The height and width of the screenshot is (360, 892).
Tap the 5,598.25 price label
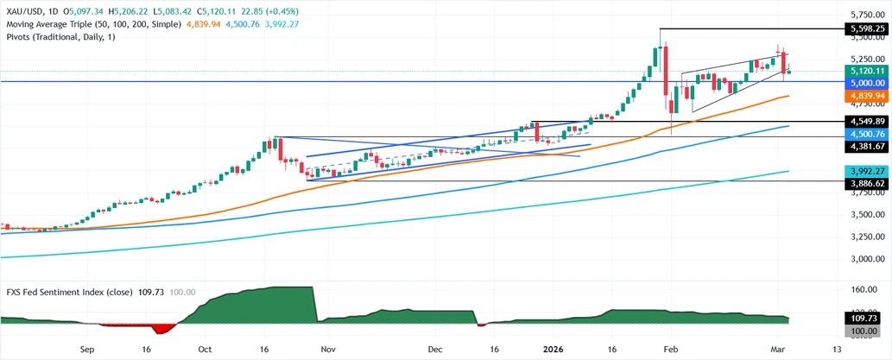pos(863,28)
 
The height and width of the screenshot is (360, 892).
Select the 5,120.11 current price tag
pos(863,71)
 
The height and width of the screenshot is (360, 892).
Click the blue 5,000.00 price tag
pos(863,82)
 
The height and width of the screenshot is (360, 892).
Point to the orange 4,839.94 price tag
pos(863,96)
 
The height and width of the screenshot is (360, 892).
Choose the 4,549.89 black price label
pos(863,122)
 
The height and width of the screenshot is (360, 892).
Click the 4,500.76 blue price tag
pos(863,134)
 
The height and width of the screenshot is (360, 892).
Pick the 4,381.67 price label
pos(863,146)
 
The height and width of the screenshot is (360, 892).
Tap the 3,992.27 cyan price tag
pos(863,171)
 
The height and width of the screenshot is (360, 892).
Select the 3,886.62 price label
pos(863,183)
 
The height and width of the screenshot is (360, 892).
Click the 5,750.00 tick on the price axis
pos(863,15)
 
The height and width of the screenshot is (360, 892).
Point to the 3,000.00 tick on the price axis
pos(863,259)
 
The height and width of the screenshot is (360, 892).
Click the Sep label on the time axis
pos(86,350)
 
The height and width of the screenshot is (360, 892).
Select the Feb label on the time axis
pos(671,350)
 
